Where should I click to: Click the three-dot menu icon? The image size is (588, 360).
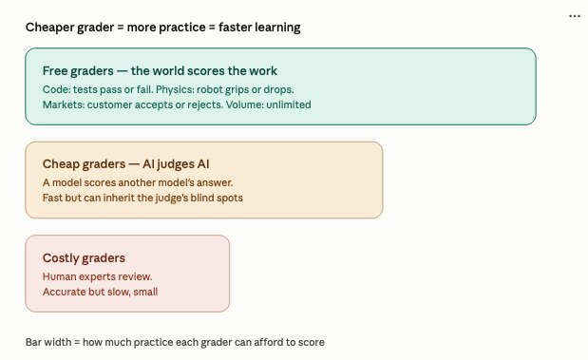(575, 16)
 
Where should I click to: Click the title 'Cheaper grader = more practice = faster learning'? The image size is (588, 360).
(162, 28)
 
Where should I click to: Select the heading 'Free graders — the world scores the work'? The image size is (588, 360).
(160, 71)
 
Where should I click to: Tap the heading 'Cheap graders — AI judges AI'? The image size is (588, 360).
(126, 164)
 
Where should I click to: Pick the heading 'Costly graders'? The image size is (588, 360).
(84, 258)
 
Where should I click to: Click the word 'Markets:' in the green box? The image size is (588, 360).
(64, 104)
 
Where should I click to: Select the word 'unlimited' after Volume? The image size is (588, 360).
(289, 104)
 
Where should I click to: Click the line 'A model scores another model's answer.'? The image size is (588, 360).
(138, 182)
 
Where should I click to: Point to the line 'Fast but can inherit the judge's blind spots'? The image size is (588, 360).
(142, 198)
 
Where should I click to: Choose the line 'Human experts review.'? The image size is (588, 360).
(97, 276)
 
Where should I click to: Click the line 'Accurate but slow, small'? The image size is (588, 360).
(100, 292)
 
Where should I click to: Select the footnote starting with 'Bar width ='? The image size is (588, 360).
(175, 342)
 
